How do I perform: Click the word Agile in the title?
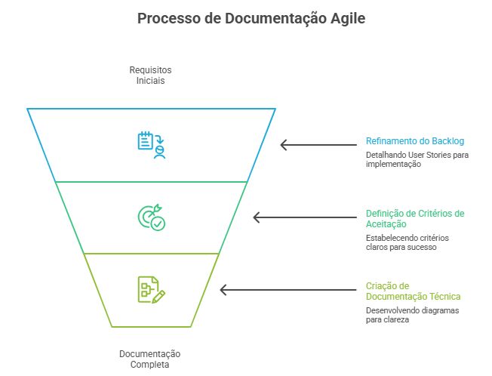click(x=343, y=19)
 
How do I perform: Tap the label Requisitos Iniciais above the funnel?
click(x=150, y=75)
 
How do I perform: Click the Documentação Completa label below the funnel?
click(x=149, y=359)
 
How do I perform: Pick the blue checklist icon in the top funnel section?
click(x=151, y=144)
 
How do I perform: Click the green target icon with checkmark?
click(x=151, y=217)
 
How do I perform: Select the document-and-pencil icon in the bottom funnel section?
click(x=151, y=290)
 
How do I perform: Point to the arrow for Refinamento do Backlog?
click(x=319, y=144)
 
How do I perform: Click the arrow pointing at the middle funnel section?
click(x=306, y=217)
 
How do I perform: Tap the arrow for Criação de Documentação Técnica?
click(x=289, y=290)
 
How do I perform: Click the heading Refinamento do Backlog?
click(x=414, y=140)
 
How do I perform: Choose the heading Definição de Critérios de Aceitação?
click(x=414, y=218)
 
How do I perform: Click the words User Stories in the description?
click(x=432, y=155)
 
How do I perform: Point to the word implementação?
click(x=393, y=164)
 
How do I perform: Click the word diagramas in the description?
click(x=438, y=310)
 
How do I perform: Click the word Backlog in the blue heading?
click(x=448, y=140)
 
